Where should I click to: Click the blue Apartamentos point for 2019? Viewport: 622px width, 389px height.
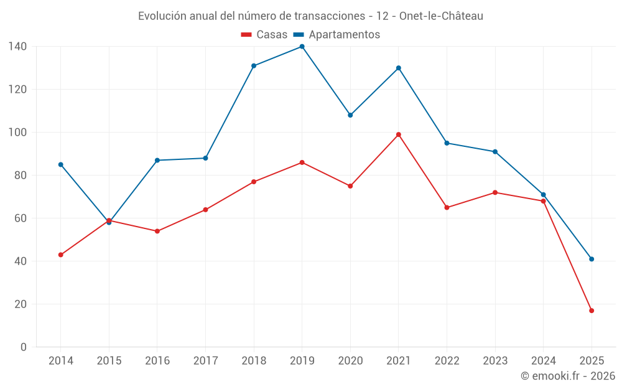coord(302,47)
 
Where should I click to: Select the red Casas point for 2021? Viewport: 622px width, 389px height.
coord(399,134)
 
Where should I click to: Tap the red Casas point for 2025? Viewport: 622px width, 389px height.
coord(592,311)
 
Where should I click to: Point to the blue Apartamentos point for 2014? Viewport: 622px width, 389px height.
coord(60,164)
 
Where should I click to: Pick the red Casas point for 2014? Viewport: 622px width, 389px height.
coord(60,255)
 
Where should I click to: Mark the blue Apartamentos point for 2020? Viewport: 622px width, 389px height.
coord(350,115)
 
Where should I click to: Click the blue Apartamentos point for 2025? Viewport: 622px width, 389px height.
coord(592,259)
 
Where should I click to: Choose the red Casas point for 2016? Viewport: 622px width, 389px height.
coord(157,231)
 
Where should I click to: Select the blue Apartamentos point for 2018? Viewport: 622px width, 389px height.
coord(254,66)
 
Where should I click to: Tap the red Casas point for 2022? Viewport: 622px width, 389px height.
coord(447,207)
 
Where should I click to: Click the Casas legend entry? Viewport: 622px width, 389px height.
coord(264,34)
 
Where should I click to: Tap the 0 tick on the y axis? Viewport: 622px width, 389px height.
coord(24,347)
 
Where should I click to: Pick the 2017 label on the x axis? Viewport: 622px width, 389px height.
coord(205,361)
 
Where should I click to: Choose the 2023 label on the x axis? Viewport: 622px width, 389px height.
coord(495,361)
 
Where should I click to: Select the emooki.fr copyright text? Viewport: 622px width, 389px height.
coord(568,376)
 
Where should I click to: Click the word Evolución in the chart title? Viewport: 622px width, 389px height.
coord(162,16)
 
